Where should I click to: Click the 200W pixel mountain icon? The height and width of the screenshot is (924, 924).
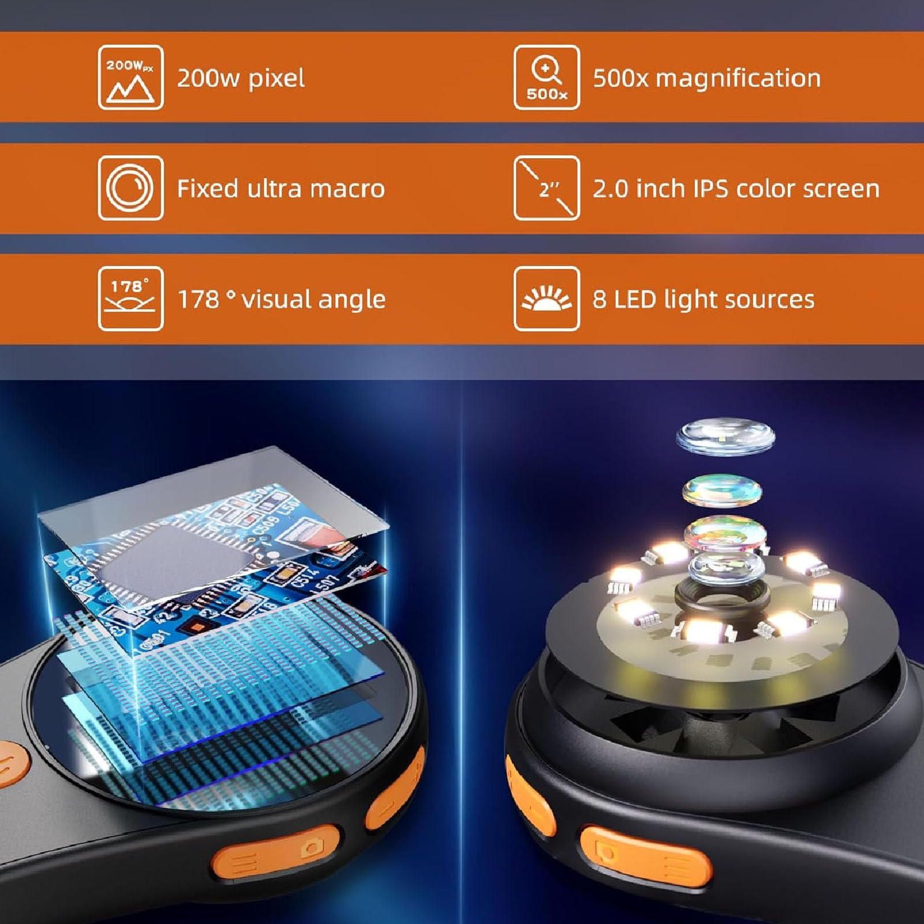tap(130, 77)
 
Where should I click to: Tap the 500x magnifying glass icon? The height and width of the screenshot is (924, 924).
tap(547, 77)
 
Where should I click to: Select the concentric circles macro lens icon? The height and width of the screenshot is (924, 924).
tap(130, 188)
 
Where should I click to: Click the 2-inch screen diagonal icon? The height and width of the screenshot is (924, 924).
tap(547, 188)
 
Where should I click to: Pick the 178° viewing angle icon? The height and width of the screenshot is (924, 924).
tap(130, 299)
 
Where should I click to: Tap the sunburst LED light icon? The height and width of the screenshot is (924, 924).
tap(547, 299)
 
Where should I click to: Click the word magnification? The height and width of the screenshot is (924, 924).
tap(738, 78)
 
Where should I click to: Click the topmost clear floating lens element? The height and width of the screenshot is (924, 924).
tap(725, 437)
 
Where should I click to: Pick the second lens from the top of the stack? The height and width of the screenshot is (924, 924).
tap(722, 492)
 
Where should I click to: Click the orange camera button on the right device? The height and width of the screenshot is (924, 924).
tap(644, 858)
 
